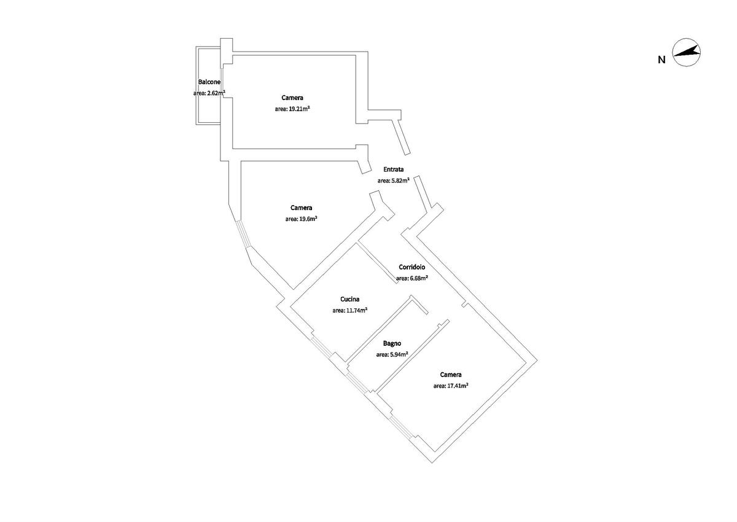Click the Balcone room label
209,82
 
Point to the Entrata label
394,169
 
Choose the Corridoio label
412,267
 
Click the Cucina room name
349,299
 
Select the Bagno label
392,343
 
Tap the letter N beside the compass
661,60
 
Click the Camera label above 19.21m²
292,98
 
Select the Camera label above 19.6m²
302,208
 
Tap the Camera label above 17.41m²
451,375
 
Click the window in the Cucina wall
321,346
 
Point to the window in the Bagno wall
358,383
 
